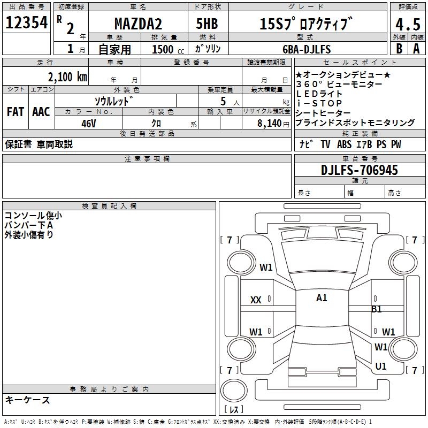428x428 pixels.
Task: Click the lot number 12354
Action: (27, 22)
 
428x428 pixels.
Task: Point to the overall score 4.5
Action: (407, 25)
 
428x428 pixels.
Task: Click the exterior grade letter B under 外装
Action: (399, 48)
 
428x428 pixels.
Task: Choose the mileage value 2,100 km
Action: (67, 77)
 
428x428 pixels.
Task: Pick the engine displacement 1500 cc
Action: (166, 49)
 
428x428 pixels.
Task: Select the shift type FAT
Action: (15, 111)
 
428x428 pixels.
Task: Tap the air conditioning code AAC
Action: (41, 111)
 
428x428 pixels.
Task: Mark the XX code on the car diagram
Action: (256, 300)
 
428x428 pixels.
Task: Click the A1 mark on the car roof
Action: (322, 298)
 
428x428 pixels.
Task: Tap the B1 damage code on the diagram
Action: (377, 309)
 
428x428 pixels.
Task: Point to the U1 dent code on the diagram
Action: (381, 366)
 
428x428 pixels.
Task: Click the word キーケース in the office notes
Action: (28, 400)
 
